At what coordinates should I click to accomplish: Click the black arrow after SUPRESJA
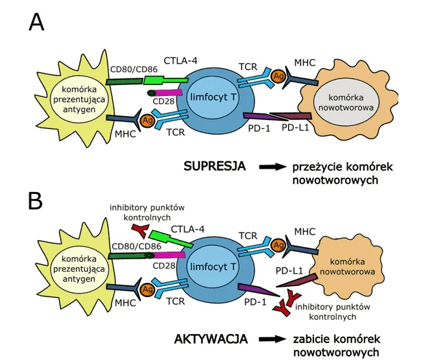coord(272,167)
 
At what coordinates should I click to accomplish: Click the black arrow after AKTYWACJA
coord(272,339)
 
